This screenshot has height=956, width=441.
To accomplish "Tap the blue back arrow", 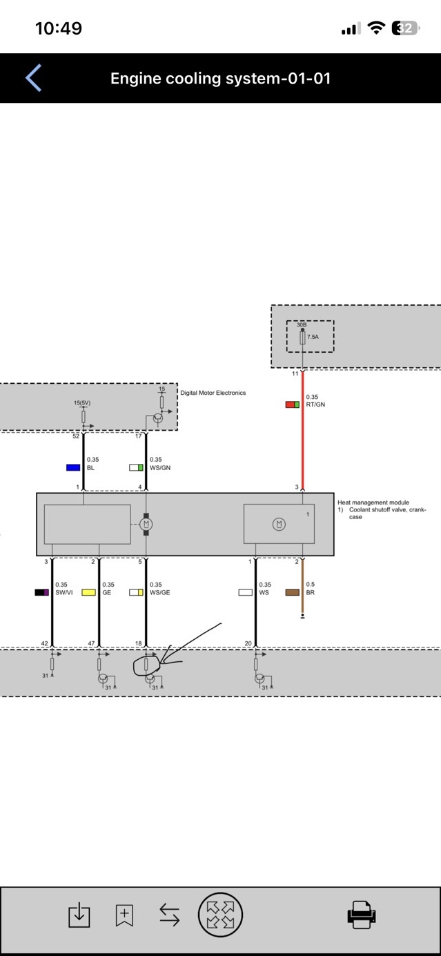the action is click(x=33, y=78).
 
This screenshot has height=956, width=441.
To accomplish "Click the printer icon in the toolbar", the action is click(x=361, y=915).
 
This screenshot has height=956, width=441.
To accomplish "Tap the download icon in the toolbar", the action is click(x=79, y=915).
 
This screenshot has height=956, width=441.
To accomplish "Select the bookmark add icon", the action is click(x=124, y=915).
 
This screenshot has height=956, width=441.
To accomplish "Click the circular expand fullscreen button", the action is click(x=220, y=915).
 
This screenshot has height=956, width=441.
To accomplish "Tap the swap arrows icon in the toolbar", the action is click(x=170, y=915).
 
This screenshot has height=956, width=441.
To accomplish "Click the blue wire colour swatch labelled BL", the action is click(x=73, y=467).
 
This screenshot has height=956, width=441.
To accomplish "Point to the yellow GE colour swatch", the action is click(x=89, y=592).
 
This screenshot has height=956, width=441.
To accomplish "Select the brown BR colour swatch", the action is click(x=293, y=592).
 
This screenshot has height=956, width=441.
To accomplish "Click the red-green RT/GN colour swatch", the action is click(x=293, y=404).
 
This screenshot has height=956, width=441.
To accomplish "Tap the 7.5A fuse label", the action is click(x=313, y=337).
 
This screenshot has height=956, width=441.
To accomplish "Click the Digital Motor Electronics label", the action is click(x=213, y=393).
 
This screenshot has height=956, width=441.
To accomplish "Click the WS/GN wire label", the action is click(x=160, y=467).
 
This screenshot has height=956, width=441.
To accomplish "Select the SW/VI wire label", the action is click(x=64, y=592).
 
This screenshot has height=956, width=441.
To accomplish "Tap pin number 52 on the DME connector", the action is click(x=76, y=436).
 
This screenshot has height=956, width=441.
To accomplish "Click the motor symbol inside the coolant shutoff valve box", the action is click(x=280, y=524).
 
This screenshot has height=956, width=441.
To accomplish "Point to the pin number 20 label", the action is click(x=248, y=643).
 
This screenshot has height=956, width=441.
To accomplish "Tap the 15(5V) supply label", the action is click(x=82, y=402).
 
